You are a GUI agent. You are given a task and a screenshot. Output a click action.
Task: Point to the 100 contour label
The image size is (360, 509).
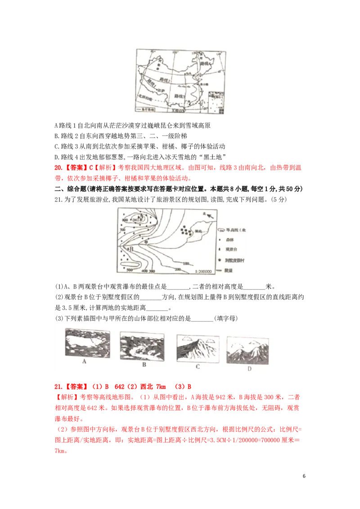[185, 263]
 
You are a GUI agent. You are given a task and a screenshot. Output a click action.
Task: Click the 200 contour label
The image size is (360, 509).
[178, 269]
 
